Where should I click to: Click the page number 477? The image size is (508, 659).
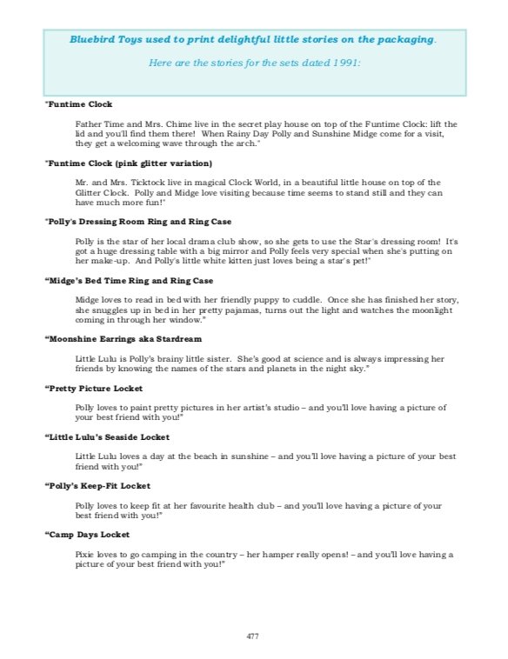pos(253,636)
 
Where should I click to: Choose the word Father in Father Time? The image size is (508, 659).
pos(89,124)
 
